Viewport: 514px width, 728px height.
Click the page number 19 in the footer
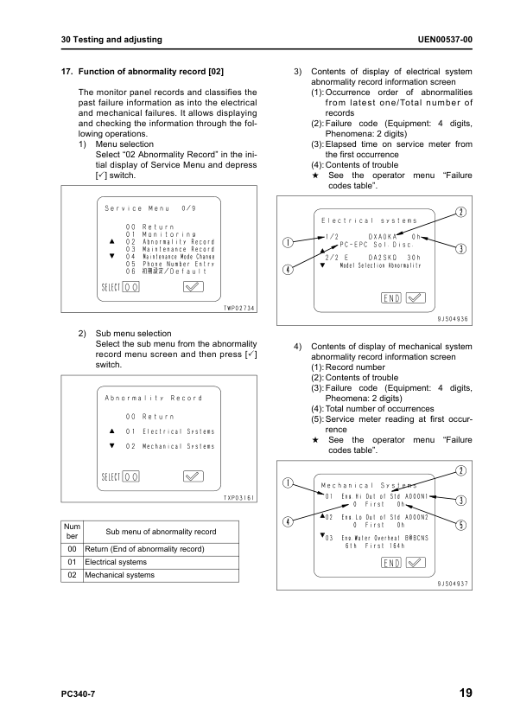[465, 693]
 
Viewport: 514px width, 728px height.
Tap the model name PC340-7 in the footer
[79, 694]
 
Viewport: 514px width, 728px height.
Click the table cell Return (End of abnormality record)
[143, 549]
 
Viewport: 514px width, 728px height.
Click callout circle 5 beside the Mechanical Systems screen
[461, 524]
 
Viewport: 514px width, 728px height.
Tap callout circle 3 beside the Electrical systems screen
[461, 249]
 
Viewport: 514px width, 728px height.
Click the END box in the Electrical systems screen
[390, 297]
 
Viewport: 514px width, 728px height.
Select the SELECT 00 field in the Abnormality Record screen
[121, 476]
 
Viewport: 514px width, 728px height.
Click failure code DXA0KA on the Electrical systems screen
[382, 236]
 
